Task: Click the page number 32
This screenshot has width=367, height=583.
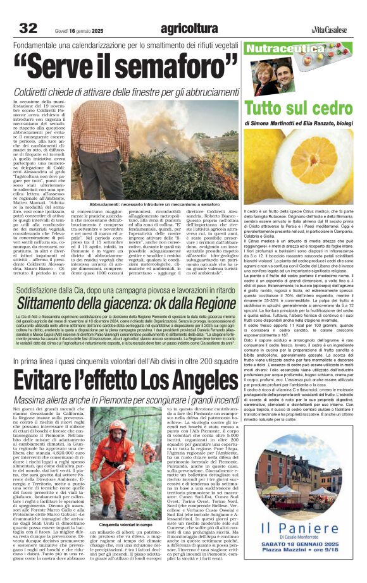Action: pos(28,28)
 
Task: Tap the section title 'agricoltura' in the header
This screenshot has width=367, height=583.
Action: pos(189,28)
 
